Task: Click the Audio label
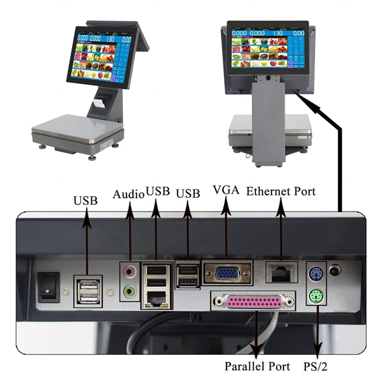click(128, 194)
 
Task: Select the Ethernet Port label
click(281, 191)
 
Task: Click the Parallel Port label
click(257, 366)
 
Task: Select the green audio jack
click(130, 292)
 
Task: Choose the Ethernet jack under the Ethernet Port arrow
click(281, 273)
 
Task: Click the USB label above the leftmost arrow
click(86, 200)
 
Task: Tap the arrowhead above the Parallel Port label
click(257, 350)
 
